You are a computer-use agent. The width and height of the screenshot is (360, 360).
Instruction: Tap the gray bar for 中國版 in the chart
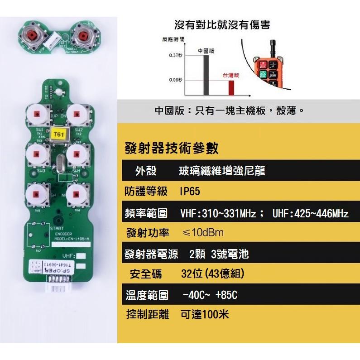[x=206, y=75]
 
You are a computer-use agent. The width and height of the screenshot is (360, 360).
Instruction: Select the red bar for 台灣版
[x=231, y=88]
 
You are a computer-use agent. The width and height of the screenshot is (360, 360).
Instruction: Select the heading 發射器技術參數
[x=171, y=148]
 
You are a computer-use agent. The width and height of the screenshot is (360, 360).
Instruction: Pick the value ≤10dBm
[x=202, y=233]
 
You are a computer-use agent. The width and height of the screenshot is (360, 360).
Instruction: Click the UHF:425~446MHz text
[x=311, y=213]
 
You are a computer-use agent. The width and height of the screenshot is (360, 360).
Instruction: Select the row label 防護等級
[x=146, y=192]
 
